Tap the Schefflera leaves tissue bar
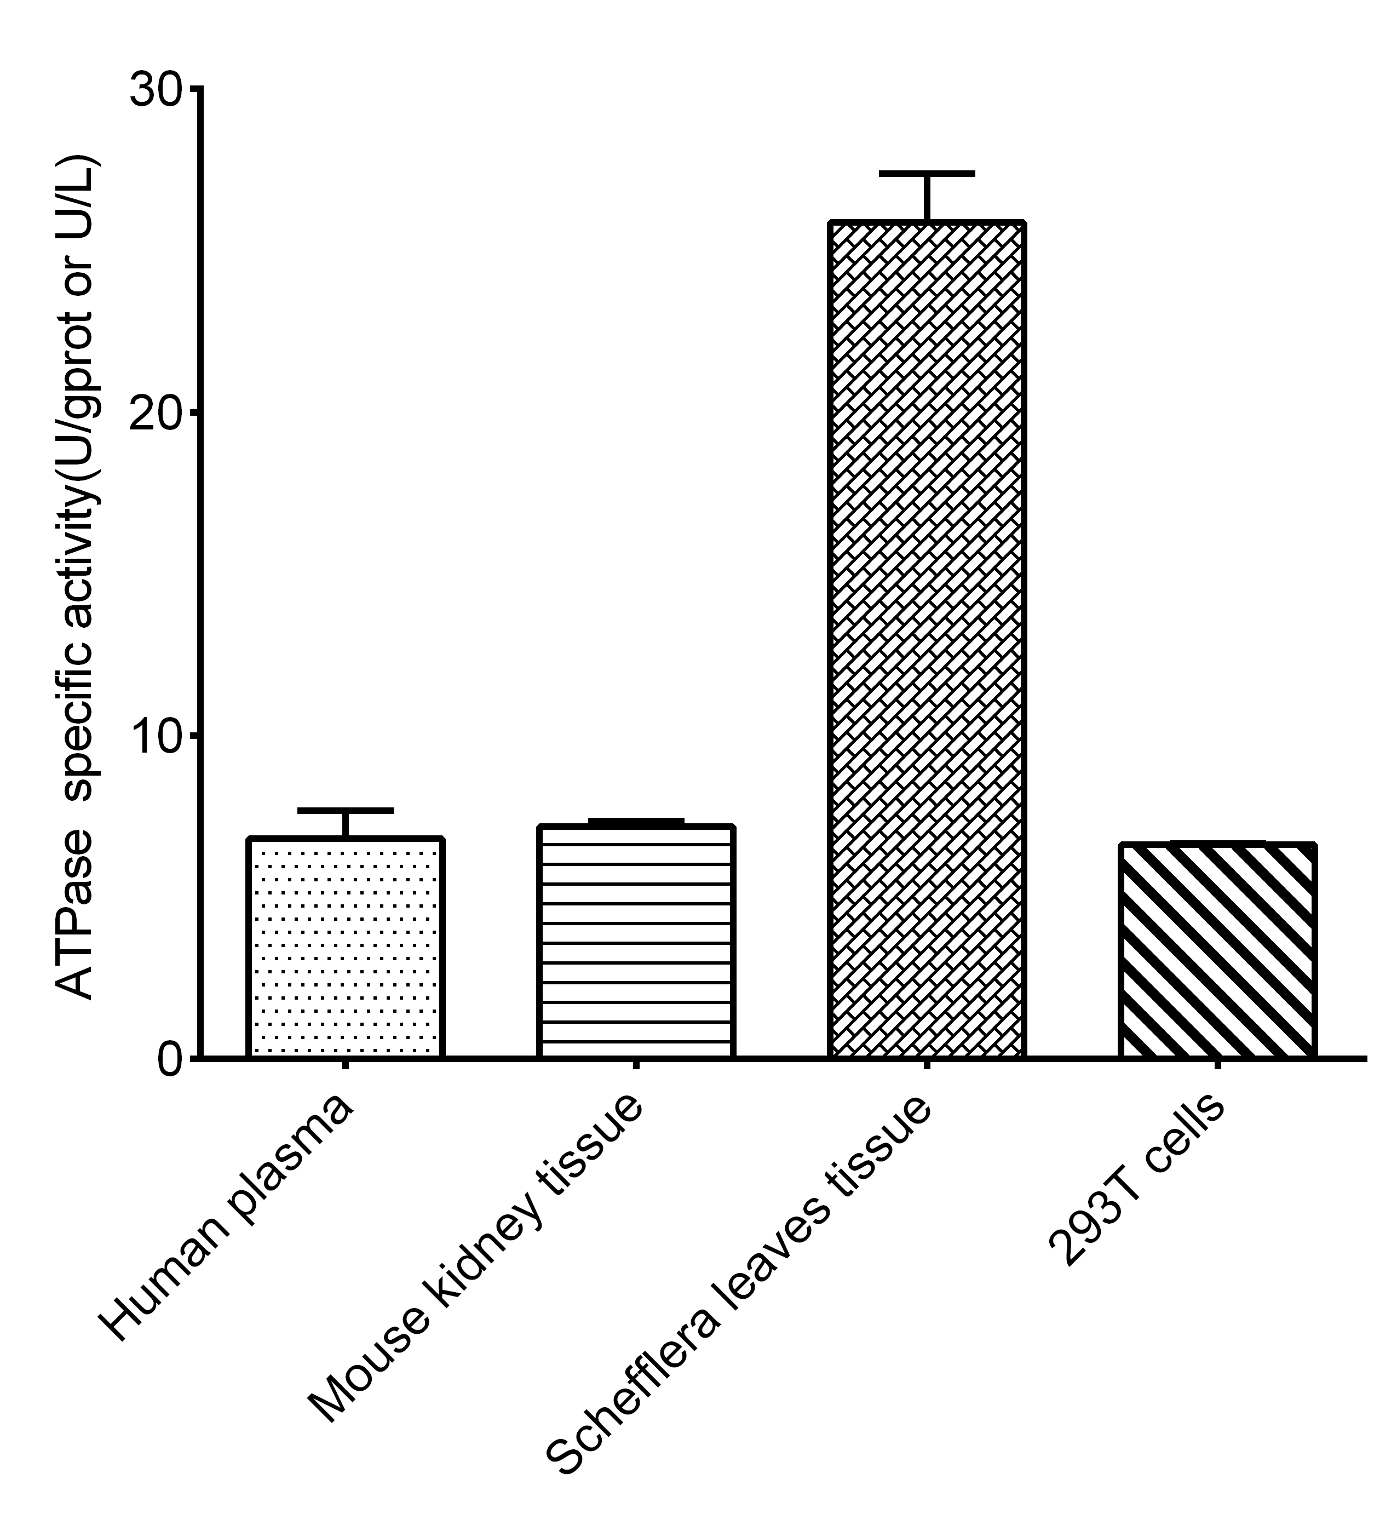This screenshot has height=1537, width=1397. (x=927, y=640)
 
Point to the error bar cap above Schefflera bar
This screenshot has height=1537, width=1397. (x=927, y=174)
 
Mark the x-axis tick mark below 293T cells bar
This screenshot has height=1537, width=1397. (x=1217, y=1064)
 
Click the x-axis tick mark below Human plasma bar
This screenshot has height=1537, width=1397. (x=345, y=1064)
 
